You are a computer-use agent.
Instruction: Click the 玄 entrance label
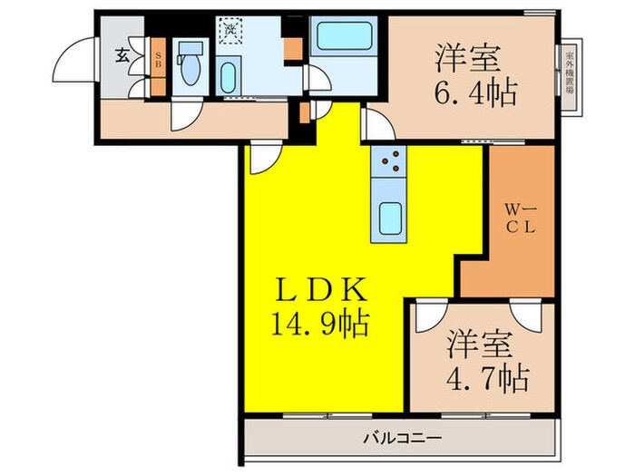[122, 55]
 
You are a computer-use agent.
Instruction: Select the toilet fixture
[190, 71]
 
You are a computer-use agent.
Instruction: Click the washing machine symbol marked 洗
[230, 30]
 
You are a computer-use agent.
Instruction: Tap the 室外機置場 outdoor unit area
[570, 79]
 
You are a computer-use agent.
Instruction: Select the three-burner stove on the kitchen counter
[391, 163]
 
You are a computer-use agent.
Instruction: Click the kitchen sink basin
[391, 218]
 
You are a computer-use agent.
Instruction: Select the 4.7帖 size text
[486, 377]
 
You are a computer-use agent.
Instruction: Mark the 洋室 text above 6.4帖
[468, 57]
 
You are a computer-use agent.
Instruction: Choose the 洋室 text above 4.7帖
[480, 344]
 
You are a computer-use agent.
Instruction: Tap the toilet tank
[190, 49]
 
